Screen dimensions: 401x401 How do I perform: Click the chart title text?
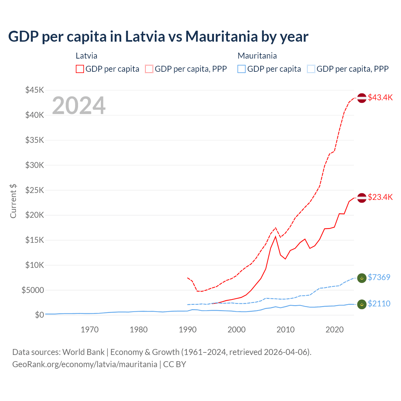(158, 37)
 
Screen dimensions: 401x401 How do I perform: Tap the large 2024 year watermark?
(79, 106)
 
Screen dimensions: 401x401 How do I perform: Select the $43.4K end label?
(380, 97)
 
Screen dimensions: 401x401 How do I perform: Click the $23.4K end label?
(380, 197)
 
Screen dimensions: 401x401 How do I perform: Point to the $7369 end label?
(379, 277)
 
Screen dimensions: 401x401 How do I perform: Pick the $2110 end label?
(379, 304)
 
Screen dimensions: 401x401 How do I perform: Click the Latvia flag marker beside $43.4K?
(362, 98)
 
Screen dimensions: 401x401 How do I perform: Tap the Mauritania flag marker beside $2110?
(362, 304)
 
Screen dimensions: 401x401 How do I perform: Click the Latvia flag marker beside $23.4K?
(362, 198)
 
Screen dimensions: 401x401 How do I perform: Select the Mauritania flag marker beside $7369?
(362, 278)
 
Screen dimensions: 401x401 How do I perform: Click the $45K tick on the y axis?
(34, 90)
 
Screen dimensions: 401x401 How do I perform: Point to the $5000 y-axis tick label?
(33, 290)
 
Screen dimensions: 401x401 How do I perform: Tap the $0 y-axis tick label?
(39, 315)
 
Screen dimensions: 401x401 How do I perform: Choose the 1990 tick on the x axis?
(187, 330)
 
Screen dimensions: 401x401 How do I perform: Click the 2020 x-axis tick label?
(334, 330)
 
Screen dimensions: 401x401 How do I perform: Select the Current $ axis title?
(13, 201)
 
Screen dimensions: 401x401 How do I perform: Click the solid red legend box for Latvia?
(80, 69)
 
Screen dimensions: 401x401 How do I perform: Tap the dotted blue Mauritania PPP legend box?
(311, 69)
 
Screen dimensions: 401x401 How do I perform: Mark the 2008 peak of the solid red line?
(275, 236)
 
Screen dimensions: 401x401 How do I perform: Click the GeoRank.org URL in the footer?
(85, 364)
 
